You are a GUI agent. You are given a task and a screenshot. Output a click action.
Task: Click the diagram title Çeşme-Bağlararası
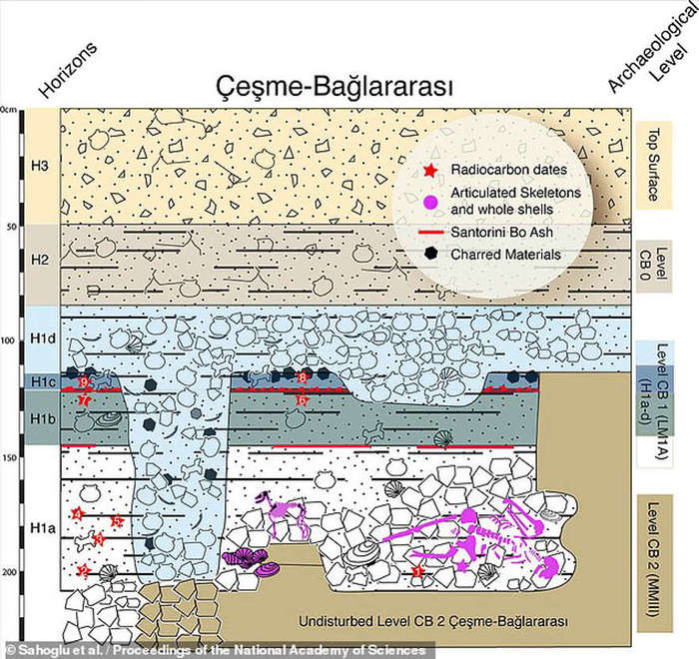(x=334, y=88)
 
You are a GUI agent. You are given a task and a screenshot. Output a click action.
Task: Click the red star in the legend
(x=430, y=170)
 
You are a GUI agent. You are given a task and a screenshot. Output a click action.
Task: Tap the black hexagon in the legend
(x=430, y=254)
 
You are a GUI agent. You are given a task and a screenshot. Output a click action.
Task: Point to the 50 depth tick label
(x=13, y=227)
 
